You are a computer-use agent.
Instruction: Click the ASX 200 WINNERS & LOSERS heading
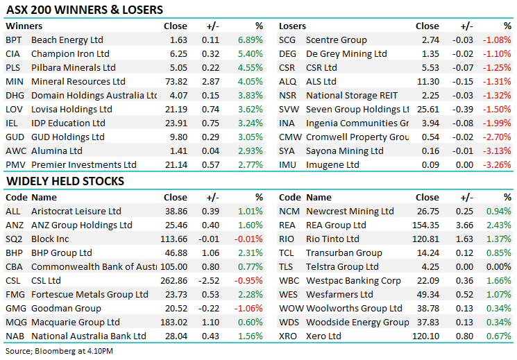pos(84,10)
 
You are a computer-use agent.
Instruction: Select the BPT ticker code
pos(13,40)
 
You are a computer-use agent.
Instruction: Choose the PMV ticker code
pos(14,165)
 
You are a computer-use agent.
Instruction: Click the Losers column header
pos(292,26)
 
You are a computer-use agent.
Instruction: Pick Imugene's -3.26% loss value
pos(498,165)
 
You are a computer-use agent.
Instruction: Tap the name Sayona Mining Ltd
pos(344,151)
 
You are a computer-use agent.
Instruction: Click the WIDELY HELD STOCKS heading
pos(65,182)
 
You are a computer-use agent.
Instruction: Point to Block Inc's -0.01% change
pos(249,239)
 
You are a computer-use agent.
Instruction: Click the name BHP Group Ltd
pos(62,253)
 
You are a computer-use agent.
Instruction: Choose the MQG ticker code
pos(15,323)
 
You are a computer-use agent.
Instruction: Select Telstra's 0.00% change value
pos(500,267)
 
